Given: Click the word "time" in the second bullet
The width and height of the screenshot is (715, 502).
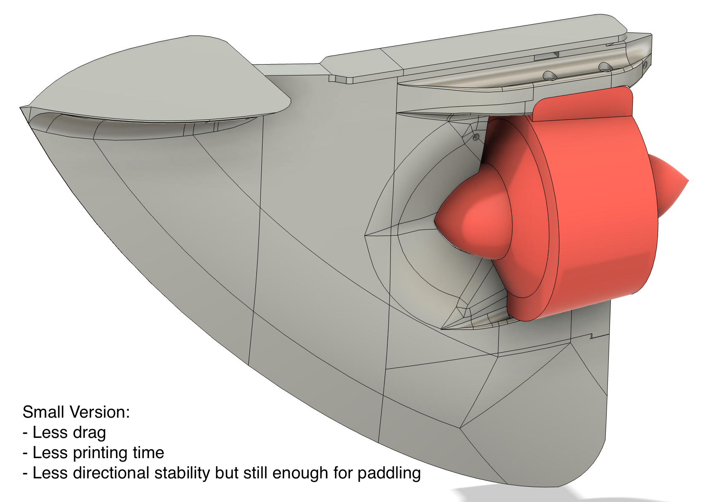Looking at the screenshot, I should [148, 453].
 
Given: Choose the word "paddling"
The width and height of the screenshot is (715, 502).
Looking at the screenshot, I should [389, 473].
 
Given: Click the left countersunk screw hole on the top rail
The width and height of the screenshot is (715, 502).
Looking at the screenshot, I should [549, 76].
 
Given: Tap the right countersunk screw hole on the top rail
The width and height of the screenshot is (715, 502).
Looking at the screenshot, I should [605, 67].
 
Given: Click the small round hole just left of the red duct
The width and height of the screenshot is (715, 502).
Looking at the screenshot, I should [476, 137].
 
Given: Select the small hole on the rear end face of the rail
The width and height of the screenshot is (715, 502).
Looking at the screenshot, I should [645, 65].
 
